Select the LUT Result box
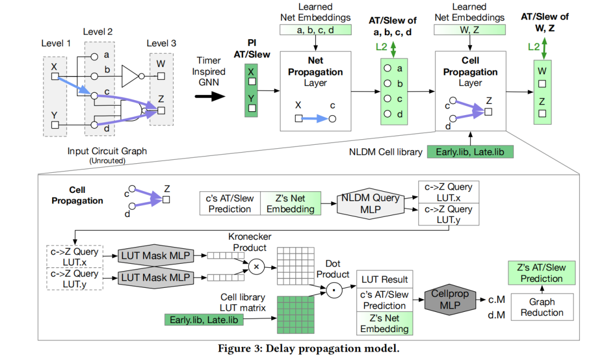click(x=384, y=279)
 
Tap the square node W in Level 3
click(x=161, y=76)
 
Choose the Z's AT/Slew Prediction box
click(x=541, y=273)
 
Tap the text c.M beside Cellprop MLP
click(x=497, y=300)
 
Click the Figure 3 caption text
click(x=309, y=349)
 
